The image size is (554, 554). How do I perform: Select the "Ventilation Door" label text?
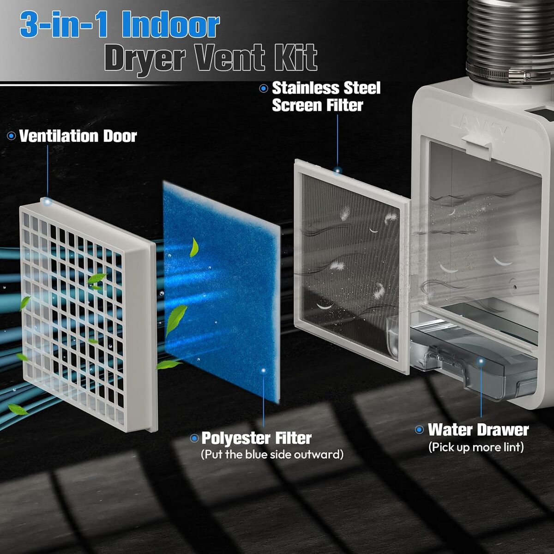pos(78,136)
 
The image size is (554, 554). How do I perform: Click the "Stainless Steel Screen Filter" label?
pos(326,96)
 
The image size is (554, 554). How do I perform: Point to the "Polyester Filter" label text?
pos(256,439)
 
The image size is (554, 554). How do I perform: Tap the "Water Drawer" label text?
pos(478,430)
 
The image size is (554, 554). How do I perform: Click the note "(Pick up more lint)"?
pos(476,447)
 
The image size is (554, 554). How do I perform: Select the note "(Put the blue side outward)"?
pos(272,455)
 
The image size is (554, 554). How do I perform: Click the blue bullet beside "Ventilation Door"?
pos(12,136)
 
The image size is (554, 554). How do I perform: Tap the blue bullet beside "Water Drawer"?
pos(420,430)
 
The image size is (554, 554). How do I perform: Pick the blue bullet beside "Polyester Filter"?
pos(194,439)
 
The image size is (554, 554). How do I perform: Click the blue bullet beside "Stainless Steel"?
pos(263,88)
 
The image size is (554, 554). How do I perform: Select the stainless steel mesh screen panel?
pos(351,266)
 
